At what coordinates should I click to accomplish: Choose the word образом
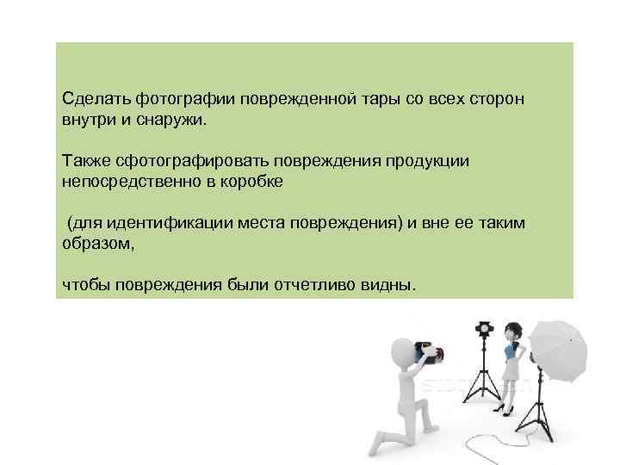97,244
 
